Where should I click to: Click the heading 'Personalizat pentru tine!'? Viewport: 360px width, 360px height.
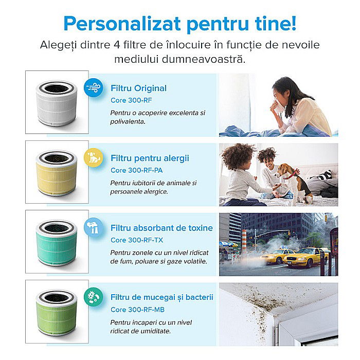tap(179, 24)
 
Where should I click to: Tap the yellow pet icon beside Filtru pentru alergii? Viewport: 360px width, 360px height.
tap(94, 157)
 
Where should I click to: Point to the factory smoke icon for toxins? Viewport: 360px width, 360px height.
tap(94, 226)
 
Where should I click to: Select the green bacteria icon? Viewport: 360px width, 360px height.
tap(94, 296)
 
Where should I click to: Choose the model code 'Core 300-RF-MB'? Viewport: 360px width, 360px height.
tap(137, 310)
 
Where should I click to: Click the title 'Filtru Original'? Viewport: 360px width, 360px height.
tap(138, 88)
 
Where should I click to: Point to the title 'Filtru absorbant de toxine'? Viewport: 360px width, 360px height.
tap(161, 228)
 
